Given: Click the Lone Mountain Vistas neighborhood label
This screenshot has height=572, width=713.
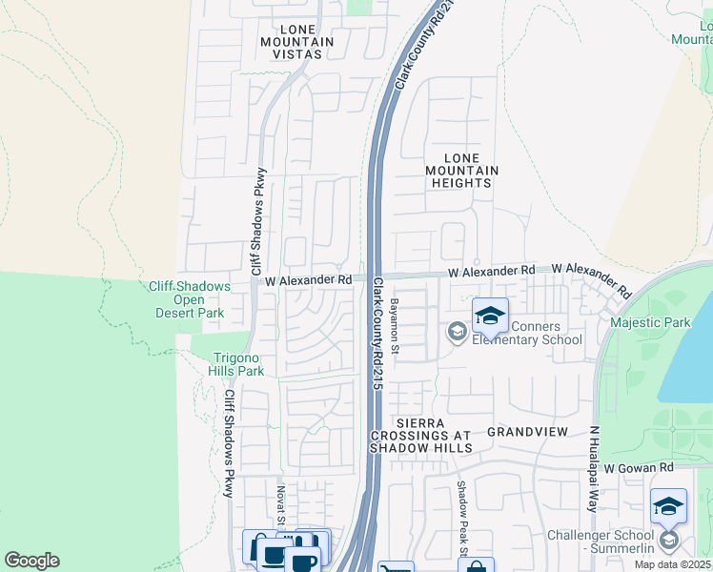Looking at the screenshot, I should point(295,42).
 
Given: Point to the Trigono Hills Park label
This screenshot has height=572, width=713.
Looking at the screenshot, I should point(237,364).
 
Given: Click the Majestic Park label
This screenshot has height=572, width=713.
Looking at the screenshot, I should point(650,323).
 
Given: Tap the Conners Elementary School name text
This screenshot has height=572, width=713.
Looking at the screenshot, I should point(523,333).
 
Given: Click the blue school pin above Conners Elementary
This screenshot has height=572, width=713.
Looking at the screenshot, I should point(490,317).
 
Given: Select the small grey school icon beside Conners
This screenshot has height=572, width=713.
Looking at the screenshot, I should point(456,331).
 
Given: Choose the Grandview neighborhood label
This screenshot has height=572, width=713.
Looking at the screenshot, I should point(527,432).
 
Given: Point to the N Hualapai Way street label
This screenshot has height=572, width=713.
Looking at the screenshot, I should point(593,468).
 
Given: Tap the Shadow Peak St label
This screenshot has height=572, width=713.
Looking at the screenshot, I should point(460,519).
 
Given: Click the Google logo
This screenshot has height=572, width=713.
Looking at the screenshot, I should point(31,561).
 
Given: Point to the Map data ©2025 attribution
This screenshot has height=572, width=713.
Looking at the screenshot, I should point(672,564).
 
